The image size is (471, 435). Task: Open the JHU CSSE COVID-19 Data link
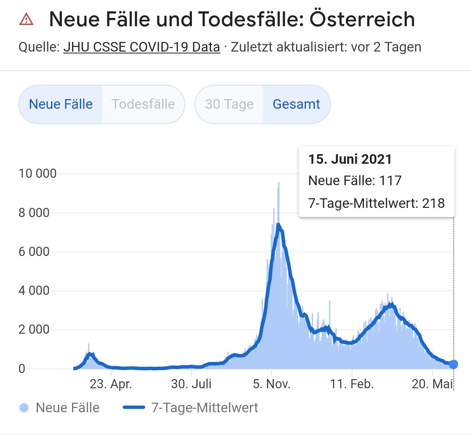pos(142,47)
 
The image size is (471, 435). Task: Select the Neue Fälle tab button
pos(61,104)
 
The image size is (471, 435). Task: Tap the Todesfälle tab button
pos(143,104)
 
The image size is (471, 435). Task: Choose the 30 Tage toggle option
pos(229,104)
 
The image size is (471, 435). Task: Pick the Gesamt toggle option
pos(297,104)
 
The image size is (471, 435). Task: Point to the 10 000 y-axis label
pos(38,174)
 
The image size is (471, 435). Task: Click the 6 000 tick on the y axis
pos(38,252)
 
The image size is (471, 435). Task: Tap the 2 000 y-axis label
pos(38,330)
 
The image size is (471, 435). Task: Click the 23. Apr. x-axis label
pos(111,384)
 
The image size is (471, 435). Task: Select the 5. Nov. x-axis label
pos(271,384)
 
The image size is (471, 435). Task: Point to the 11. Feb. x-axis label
pos(352,384)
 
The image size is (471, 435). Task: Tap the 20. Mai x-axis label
pos(432,384)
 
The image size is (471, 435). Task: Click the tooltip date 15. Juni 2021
pos(350,159)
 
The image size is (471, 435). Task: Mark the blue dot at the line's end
pos(454,364)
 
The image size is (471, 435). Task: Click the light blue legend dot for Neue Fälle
pos(25,408)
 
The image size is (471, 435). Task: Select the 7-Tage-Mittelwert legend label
pos(205,408)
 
